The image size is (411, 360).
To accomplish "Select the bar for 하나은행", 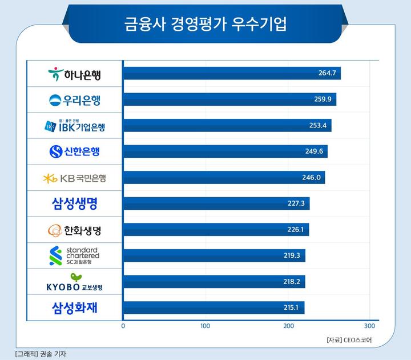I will coord(232,73).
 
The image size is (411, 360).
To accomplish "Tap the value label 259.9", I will coord(323,99).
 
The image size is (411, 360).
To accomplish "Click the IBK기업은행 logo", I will coord(74,125).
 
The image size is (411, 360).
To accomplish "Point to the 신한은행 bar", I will coord(225,151).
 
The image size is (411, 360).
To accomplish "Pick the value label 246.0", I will coord(312,178).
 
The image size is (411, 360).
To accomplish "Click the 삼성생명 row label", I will coord(75,204).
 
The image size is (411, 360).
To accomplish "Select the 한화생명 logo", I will coord(75,230).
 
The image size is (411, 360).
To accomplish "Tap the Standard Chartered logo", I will coord(75,256).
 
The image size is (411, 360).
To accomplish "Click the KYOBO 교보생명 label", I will coord(75,282).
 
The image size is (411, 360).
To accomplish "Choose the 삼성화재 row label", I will coord(75,308).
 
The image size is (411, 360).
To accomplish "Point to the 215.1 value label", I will coord(292,308).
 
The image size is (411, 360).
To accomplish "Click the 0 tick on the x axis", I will coord(123,326).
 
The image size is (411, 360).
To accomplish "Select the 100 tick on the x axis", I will coord(205,326).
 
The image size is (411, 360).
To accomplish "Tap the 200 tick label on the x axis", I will coord(289,326).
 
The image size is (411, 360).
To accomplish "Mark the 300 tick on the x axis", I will coord(370,326).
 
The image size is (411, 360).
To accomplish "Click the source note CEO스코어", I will coord(353,340).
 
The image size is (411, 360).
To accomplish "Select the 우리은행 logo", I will coord(75,100).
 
